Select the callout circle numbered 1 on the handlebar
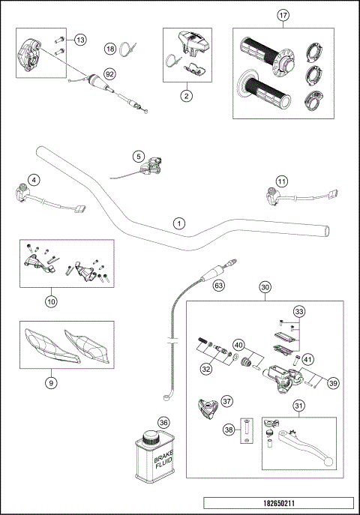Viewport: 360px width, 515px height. click(178, 223)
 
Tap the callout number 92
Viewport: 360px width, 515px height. click(110, 73)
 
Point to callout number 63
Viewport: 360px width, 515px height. click(219, 285)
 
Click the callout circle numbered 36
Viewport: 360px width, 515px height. click(163, 423)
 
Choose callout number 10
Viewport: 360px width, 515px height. click(51, 301)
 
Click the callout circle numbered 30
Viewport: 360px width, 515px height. click(265, 287)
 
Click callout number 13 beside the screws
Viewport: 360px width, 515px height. click(80, 38)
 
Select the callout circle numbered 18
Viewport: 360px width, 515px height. click(110, 49)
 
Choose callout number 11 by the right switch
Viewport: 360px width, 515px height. click(281, 181)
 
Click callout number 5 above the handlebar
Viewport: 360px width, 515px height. click(139, 156)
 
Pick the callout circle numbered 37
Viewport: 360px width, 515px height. click(227, 401)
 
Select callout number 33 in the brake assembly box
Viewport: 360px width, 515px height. click(299, 311)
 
